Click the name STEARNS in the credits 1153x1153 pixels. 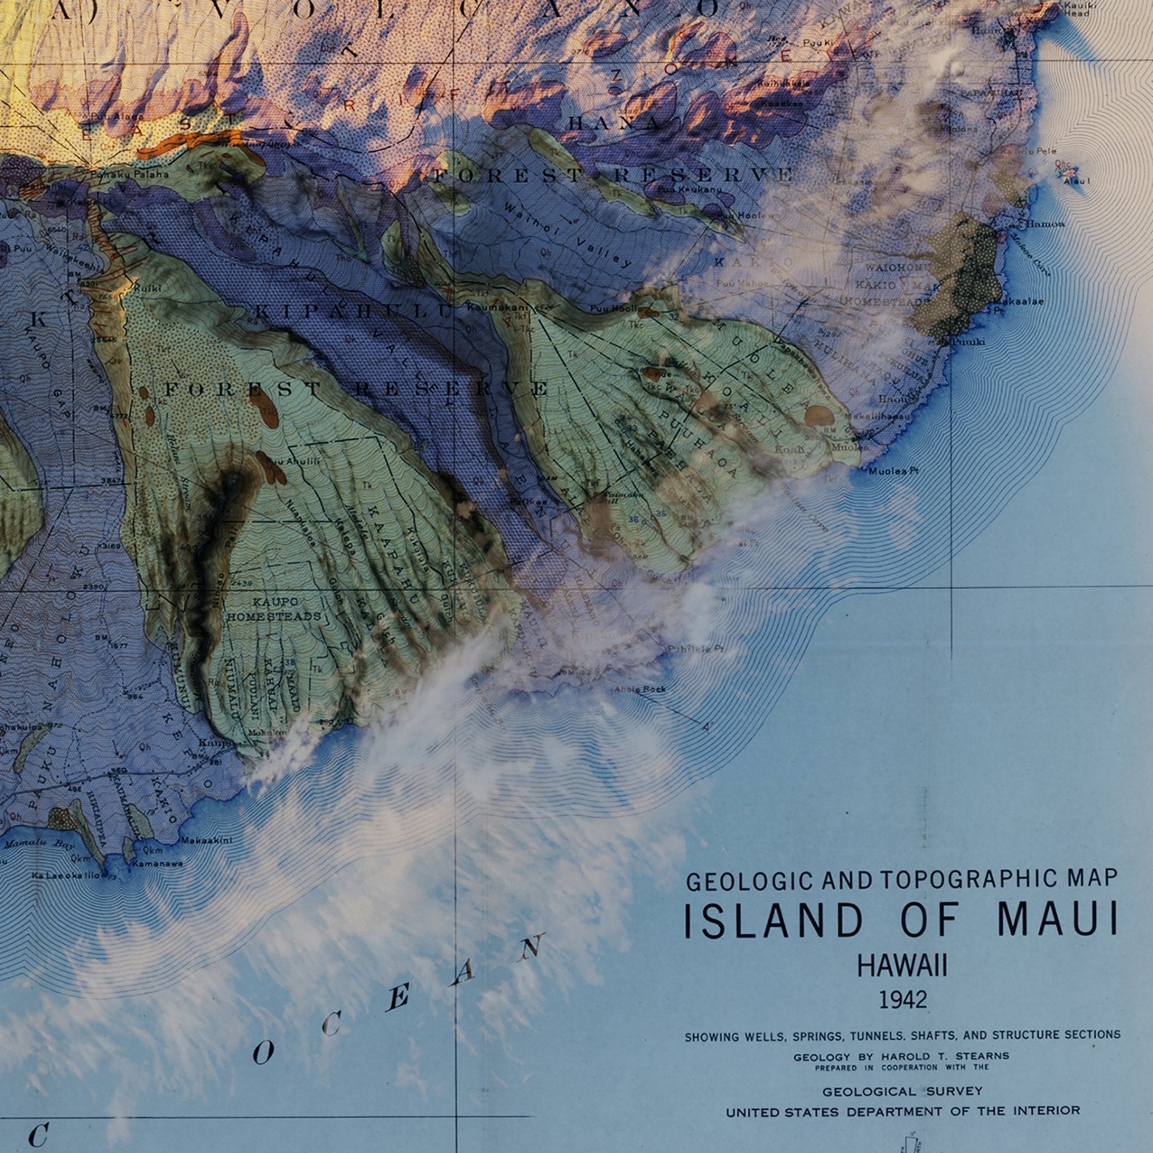[x=981, y=1056]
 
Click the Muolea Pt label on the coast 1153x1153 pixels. [x=893, y=471]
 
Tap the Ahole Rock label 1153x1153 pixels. [x=640, y=689]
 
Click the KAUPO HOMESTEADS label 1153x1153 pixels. [x=274, y=609]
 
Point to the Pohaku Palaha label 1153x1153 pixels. [x=129, y=175]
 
